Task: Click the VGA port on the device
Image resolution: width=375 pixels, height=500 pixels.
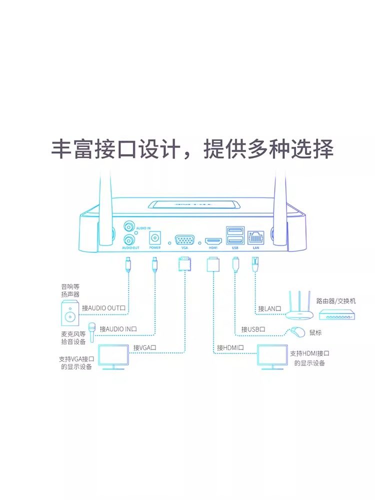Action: pos(185,235)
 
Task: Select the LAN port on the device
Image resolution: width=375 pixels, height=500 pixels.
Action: pos(256,235)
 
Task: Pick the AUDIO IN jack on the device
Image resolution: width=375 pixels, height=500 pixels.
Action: pos(129,225)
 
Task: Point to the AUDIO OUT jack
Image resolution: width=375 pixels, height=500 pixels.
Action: pos(129,238)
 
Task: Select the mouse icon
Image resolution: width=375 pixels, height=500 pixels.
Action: pos(298,331)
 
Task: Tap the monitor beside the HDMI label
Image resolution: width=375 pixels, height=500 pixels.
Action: pos(272,357)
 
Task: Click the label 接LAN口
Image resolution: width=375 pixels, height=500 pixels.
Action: pos(268,308)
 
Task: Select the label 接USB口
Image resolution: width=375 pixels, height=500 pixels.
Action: pos(252,329)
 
